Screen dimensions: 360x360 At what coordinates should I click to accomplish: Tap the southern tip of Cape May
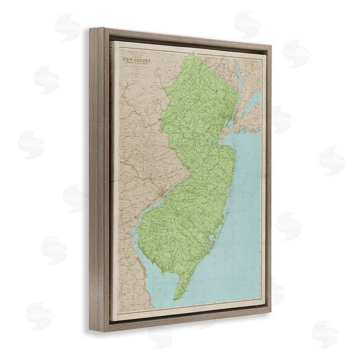[176, 299]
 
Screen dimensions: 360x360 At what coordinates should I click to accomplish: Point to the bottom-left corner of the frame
[91, 331]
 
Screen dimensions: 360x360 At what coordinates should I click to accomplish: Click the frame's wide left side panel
[100, 180]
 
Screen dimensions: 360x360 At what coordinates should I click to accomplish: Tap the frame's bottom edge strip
[180, 322]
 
